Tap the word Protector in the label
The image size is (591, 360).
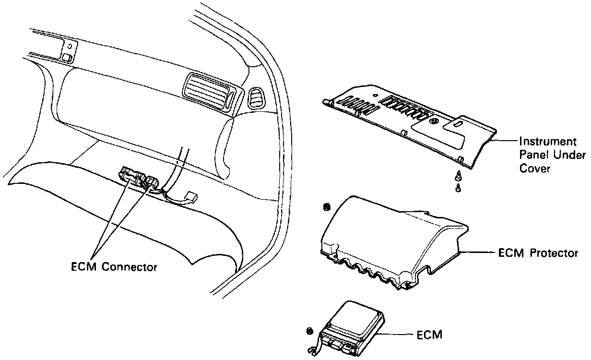pyautogui.click(x=555, y=253)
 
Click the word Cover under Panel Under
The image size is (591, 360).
pyautogui.click(x=534, y=169)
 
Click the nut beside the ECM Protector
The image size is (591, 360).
pyautogui.click(x=327, y=207)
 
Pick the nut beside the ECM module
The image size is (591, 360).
pyautogui.click(x=309, y=331)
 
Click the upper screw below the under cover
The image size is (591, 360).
pyautogui.click(x=458, y=176)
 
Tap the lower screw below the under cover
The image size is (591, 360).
pyautogui.click(x=459, y=188)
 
